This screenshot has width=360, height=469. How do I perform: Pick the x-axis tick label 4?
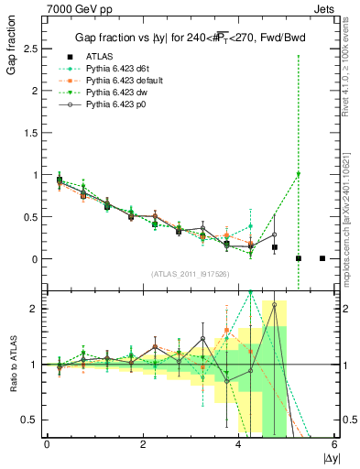pyautogui.click(x=239, y=444)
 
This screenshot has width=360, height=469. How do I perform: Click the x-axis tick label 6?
pyautogui.click(x=334, y=444)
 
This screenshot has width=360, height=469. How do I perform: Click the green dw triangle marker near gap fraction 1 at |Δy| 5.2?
pyautogui.click(x=299, y=175)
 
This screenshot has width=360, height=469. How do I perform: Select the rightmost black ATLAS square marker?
pyautogui.click(x=322, y=258)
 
